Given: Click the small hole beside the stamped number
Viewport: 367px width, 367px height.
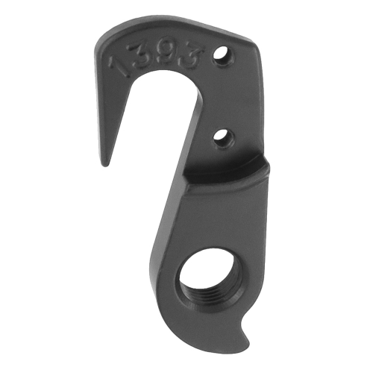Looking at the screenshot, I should click(222, 54).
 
